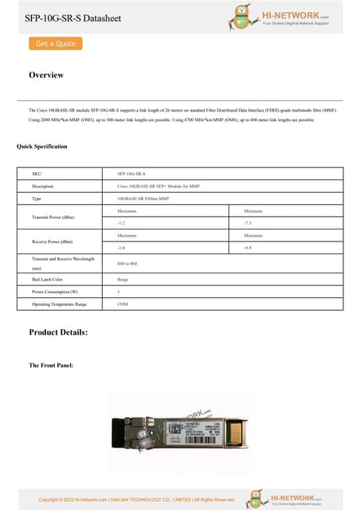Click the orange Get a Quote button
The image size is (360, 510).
click(56, 44)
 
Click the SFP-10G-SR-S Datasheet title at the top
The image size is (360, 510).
click(73, 18)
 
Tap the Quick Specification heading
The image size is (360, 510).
click(42, 147)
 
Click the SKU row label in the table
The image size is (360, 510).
click(36, 173)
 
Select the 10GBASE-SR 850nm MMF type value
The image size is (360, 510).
click(143, 198)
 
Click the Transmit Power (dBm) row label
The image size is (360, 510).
click(53, 217)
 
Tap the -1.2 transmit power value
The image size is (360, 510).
click(122, 224)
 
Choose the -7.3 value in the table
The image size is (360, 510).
click(248, 224)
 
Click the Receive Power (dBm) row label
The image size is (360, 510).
click(53, 241)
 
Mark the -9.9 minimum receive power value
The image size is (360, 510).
click(248, 249)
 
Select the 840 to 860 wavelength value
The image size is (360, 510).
click(127, 263)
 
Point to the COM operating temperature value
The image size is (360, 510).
click(123, 304)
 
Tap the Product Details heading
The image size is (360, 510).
click(58, 331)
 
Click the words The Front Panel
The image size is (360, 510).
click(52, 365)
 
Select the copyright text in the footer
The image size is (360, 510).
click(137, 500)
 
